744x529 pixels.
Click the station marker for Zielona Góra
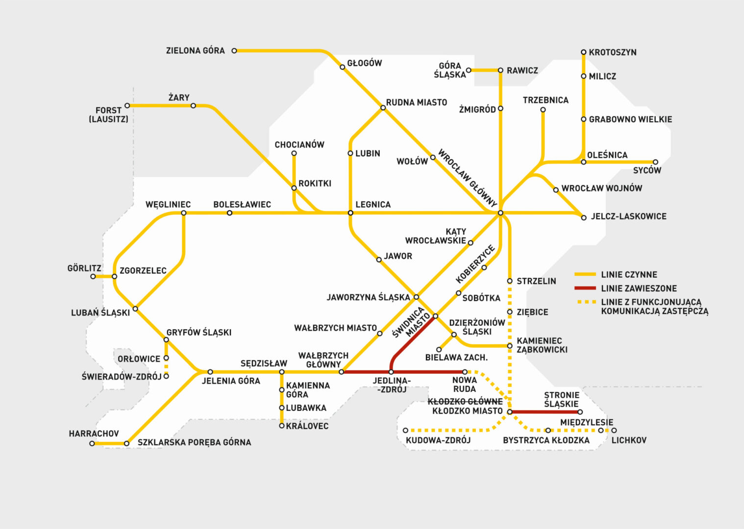[234, 50]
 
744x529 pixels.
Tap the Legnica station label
[373, 204]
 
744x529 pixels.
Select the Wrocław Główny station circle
[500, 213]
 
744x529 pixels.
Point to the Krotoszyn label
[613, 52]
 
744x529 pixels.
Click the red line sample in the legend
[585, 288]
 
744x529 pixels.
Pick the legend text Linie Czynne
[629, 275]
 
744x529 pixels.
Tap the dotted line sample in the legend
[585, 302]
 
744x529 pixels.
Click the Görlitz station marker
[93, 277]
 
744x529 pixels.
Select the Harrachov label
[94, 433]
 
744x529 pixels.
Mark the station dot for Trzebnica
[543, 110]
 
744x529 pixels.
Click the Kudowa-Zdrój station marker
[405, 431]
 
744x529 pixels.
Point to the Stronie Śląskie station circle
[580, 412]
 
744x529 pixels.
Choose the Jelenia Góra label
[231, 381]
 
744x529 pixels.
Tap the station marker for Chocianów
[294, 153]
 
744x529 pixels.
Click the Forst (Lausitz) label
[108, 115]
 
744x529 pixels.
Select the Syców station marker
[655, 162]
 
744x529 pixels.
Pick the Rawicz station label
[522, 71]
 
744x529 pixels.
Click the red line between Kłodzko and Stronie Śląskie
[544, 412]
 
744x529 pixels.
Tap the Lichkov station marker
[614, 431]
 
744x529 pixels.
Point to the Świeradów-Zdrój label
[122, 377]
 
